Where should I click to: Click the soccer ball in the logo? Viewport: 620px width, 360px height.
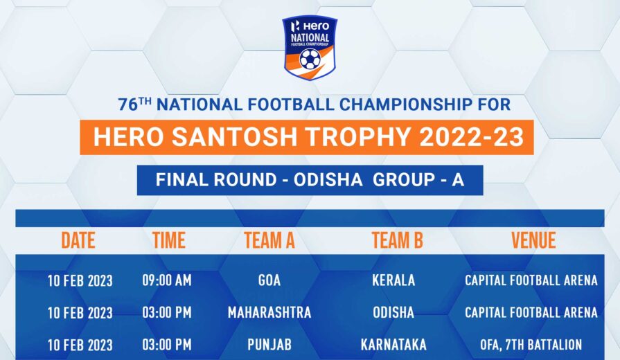(310, 59)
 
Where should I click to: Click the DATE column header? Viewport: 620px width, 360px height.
(78, 240)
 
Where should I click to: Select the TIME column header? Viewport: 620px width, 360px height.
(169, 240)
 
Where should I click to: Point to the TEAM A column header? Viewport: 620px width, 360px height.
(269, 240)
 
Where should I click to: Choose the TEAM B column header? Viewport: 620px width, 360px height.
(397, 240)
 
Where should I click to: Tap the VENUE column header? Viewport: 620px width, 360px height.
(533, 240)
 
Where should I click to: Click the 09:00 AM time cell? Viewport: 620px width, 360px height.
(167, 280)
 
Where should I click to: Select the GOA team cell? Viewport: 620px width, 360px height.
(269, 280)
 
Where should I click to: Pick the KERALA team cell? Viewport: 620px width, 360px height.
(393, 280)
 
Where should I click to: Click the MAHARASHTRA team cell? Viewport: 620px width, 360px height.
(269, 313)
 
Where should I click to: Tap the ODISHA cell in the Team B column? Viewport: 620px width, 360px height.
(393, 313)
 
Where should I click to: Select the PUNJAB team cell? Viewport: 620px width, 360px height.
(269, 345)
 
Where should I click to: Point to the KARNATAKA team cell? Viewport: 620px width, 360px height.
(393, 345)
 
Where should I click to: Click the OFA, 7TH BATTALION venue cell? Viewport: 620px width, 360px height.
(531, 345)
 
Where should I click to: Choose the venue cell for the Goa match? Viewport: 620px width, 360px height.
(531, 280)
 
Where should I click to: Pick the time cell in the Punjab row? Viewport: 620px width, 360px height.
(167, 345)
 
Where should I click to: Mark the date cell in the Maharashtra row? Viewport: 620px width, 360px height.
(80, 313)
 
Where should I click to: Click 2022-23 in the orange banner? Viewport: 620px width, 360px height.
(471, 137)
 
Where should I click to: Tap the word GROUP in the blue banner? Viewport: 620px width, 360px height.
(404, 180)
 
